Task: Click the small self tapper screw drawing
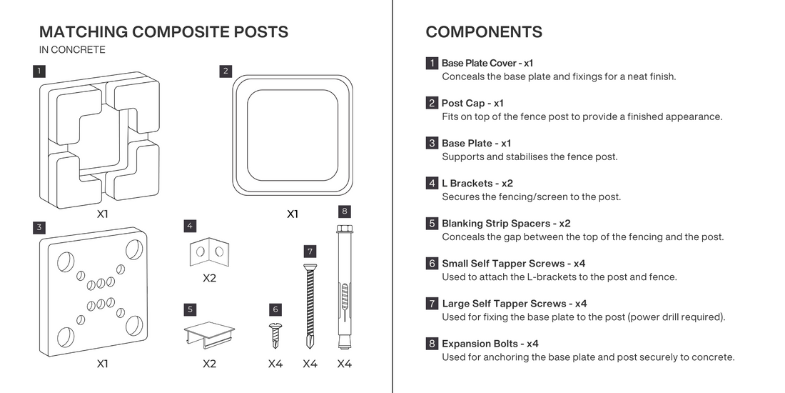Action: click(275, 336)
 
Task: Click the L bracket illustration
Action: click(209, 252)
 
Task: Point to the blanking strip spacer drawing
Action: click(209, 335)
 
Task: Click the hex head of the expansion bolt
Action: click(344, 229)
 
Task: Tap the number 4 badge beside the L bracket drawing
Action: click(189, 226)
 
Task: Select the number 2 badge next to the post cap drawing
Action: click(226, 71)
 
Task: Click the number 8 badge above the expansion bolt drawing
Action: click(344, 211)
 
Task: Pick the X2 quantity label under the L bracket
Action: click(209, 278)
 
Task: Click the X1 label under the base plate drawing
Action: click(102, 364)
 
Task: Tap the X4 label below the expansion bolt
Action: click(344, 364)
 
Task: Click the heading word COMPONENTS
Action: click(484, 32)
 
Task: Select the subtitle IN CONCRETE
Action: click(72, 49)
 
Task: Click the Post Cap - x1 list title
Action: click(472, 104)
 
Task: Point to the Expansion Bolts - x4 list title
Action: click(490, 344)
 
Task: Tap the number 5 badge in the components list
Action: click(432, 224)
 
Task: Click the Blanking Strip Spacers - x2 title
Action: click(506, 224)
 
